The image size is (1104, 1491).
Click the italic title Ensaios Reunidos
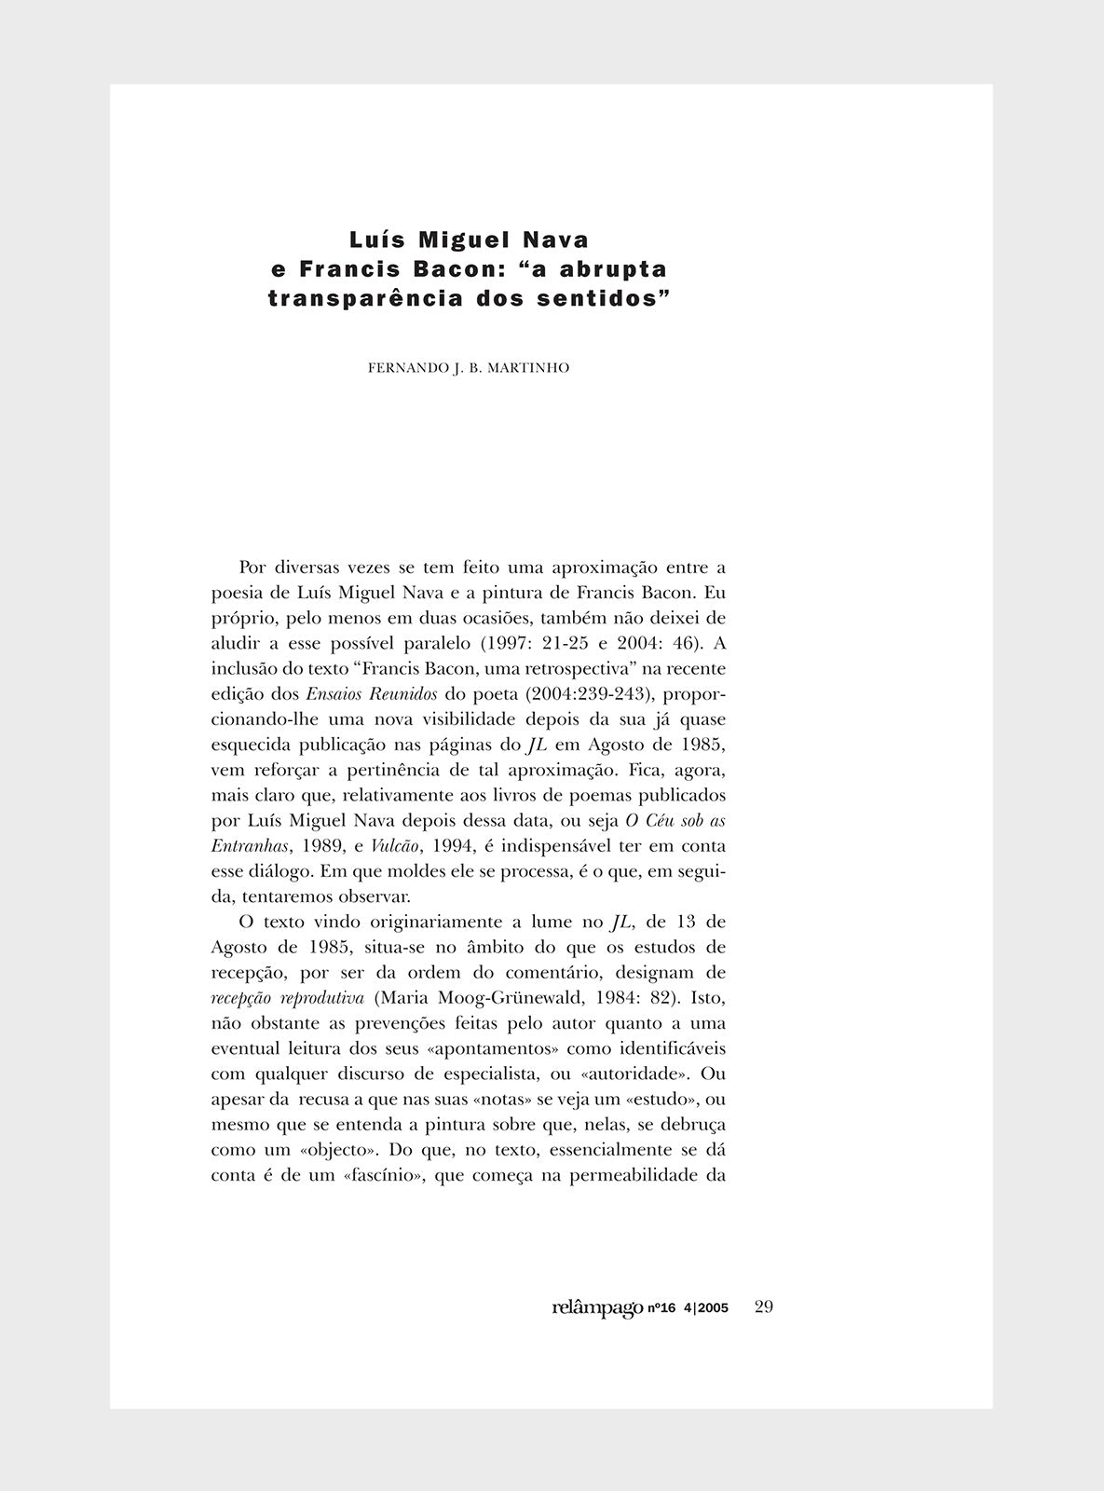pos(372,695)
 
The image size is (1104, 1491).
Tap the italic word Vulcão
pos(391,846)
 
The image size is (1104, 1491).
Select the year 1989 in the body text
pos(317,846)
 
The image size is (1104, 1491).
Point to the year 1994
pos(449,846)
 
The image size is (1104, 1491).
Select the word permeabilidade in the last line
pos(634,1175)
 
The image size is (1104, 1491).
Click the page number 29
pos(764,1307)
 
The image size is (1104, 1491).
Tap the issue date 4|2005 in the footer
pos(706,1309)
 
